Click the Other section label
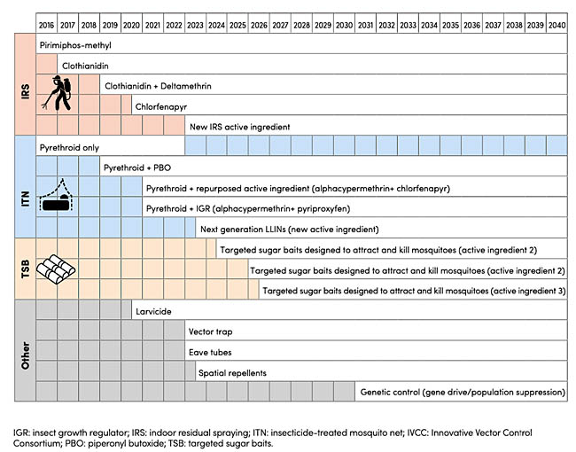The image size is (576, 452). click(25, 350)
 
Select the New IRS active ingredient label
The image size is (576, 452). click(239, 127)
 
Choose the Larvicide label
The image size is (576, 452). click(152, 311)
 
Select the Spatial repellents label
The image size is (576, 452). click(232, 372)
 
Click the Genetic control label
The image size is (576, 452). click(462, 393)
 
